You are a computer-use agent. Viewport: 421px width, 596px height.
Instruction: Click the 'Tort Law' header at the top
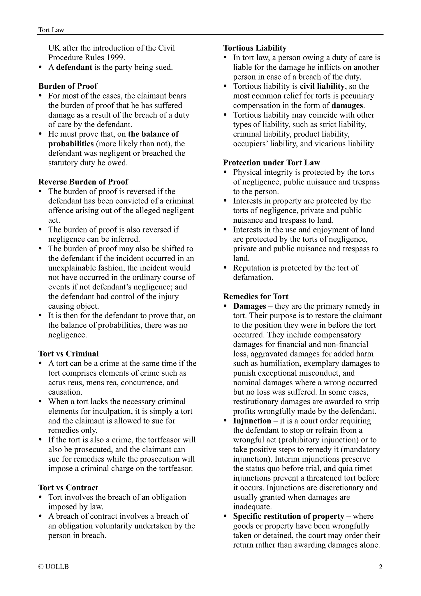(x=51, y=30)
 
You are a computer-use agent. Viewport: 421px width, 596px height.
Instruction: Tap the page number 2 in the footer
(x=380, y=567)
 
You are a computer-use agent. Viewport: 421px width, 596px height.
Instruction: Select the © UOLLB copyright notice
(x=54, y=567)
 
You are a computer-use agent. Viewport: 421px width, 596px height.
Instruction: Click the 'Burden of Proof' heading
(x=68, y=86)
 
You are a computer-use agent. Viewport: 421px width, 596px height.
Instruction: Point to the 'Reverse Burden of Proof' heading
(x=83, y=182)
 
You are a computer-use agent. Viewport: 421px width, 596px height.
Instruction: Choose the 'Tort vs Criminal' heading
(x=68, y=354)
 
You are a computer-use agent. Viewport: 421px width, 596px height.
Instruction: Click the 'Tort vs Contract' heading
(x=68, y=488)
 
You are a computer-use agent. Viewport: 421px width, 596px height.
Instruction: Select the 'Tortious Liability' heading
(x=255, y=48)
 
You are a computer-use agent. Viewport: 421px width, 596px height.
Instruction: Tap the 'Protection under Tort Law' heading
(x=272, y=163)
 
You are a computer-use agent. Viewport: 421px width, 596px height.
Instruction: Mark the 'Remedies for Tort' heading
(x=256, y=297)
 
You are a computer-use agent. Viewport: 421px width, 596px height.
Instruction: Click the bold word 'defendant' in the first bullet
(x=74, y=67)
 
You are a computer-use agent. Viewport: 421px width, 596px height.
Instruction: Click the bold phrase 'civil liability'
(x=322, y=86)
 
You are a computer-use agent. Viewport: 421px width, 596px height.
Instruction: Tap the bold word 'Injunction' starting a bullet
(x=252, y=421)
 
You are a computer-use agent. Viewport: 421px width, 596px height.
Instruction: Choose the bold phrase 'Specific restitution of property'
(x=288, y=516)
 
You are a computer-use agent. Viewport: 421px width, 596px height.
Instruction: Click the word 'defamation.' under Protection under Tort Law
(x=253, y=277)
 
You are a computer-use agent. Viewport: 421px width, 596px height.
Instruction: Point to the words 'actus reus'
(x=64, y=382)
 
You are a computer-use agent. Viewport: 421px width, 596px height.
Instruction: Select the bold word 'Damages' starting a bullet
(x=249, y=306)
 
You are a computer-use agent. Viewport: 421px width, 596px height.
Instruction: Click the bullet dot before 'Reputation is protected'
(x=225, y=268)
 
